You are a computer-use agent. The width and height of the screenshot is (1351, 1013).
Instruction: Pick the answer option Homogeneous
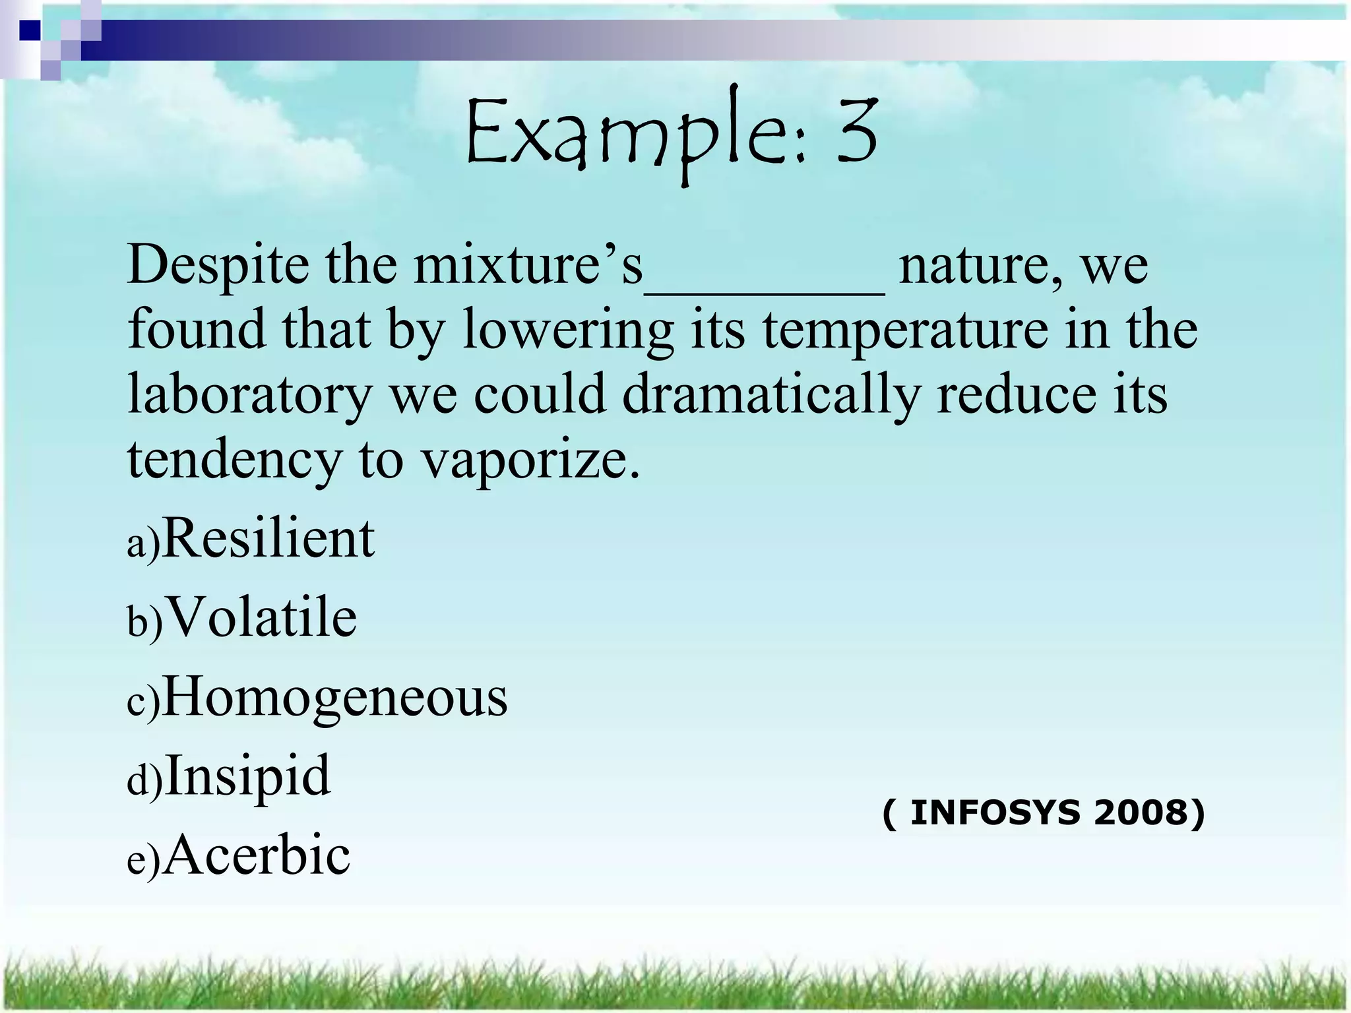pyautogui.click(x=334, y=697)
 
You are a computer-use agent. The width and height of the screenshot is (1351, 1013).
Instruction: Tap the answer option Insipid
pyautogui.click(x=247, y=776)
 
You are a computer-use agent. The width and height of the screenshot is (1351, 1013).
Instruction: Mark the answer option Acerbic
pyautogui.click(x=256, y=855)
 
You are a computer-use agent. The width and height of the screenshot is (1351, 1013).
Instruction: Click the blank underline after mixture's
pyautogui.click(x=764, y=290)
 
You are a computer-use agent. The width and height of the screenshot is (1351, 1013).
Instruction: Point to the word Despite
pyautogui.click(x=218, y=265)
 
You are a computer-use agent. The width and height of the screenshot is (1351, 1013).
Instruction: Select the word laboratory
pyautogui.click(x=250, y=395)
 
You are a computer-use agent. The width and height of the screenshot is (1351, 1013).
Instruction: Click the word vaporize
pyautogui.click(x=530, y=460)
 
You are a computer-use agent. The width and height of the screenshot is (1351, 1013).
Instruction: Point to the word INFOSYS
pyautogui.click(x=995, y=813)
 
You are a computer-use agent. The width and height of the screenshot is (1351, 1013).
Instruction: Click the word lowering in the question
pyautogui.click(x=568, y=330)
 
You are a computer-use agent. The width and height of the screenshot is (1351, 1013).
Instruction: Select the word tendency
pyautogui.click(x=234, y=460)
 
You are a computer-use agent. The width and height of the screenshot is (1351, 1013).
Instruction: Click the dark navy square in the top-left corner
pyautogui.click(x=30, y=30)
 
